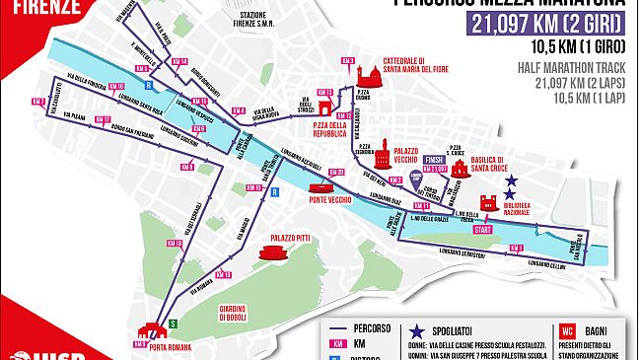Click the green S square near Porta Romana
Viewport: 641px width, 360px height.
[x=174, y=323]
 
